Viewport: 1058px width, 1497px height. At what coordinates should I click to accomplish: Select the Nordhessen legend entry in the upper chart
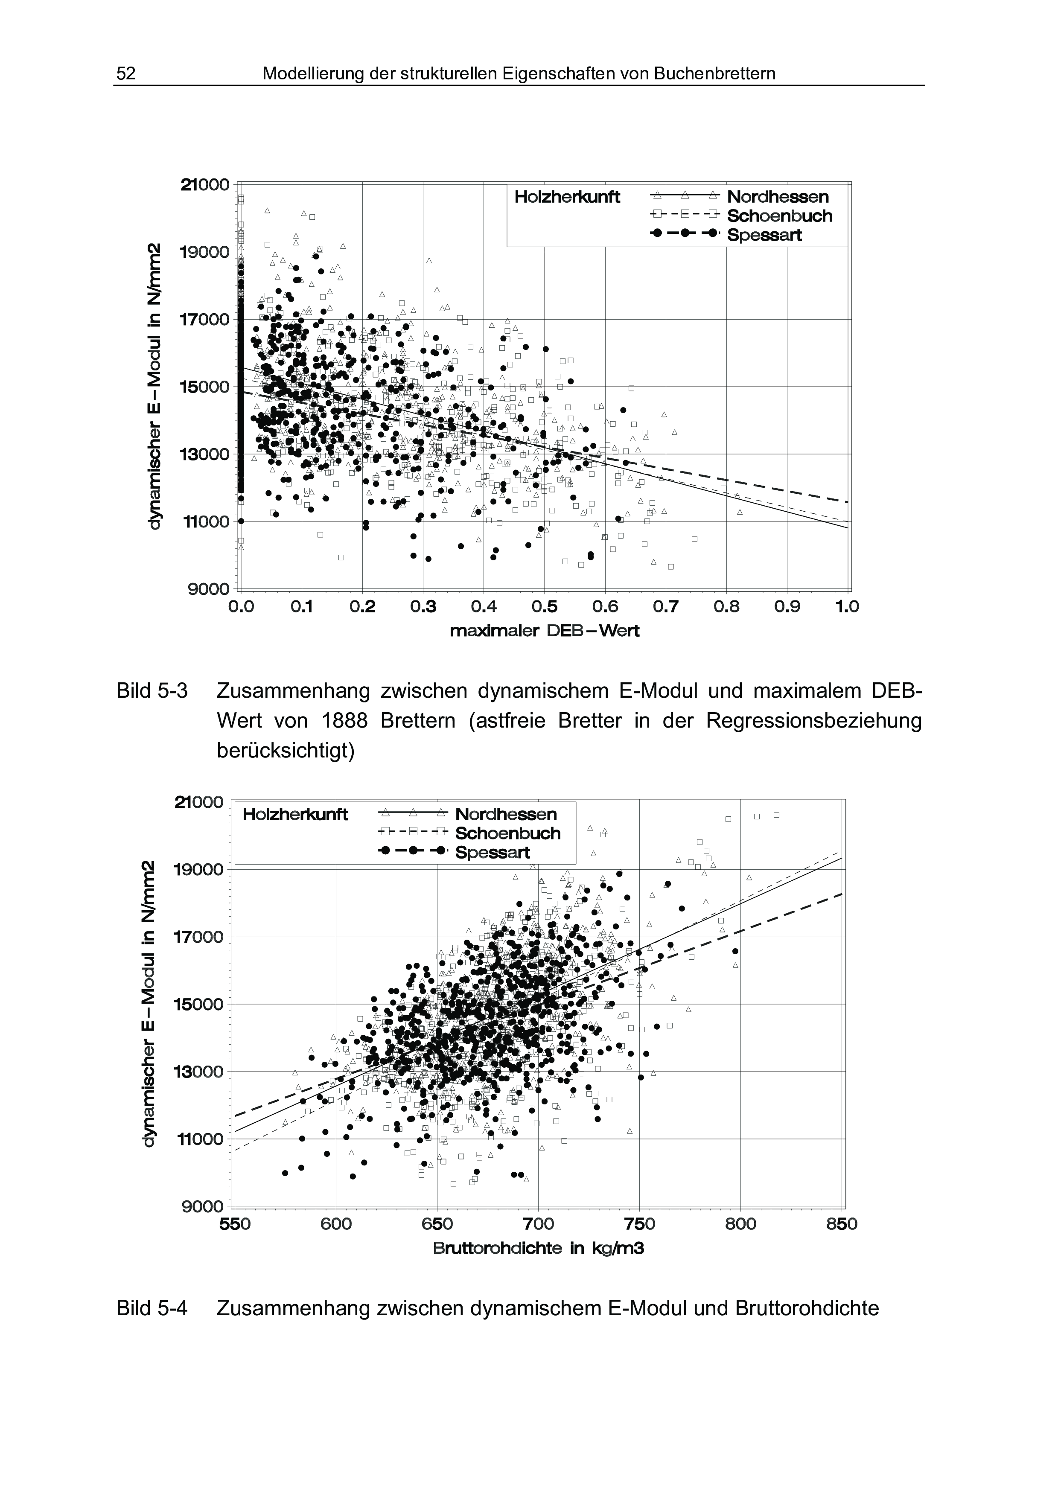tap(778, 196)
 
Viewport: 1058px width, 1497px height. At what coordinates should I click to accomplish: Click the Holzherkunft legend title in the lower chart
tap(295, 814)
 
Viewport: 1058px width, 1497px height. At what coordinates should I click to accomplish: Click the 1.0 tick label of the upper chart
tap(847, 607)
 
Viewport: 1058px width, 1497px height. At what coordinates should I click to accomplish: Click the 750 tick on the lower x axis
tap(639, 1224)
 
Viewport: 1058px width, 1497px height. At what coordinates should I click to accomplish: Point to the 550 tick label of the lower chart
tap(235, 1224)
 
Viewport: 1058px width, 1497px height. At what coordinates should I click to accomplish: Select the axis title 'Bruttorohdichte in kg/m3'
tap(539, 1248)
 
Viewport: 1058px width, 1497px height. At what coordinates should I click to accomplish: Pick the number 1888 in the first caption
tap(345, 721)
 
